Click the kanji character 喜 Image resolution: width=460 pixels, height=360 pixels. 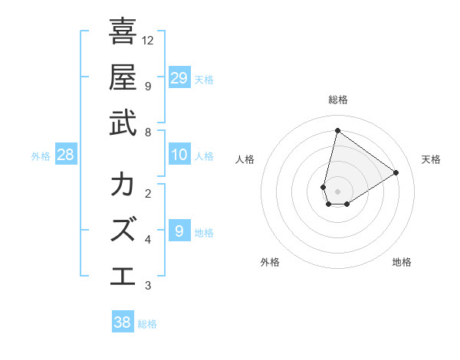pyautogui.click(x=123, y=32)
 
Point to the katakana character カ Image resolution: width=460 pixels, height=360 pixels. pyautogui.click(x=123, y=185)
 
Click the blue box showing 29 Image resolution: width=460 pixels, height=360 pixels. pyautogui.click(x=179, y=77)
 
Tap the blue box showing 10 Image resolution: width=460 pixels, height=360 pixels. pyautogui.click(x=179, y=155)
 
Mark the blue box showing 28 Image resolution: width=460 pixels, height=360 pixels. pyautogui.click(x=66, y=155)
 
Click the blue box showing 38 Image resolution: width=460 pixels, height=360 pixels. pyautogui.click(x=123, y=322)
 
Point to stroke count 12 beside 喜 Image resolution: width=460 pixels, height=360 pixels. pyautogui.click(x=148, y=40)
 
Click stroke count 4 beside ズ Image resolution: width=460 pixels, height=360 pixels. pyautogui.click(x=148, y=240)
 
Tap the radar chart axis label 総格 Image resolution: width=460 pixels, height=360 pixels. pyautogui.click(x=337, y=100)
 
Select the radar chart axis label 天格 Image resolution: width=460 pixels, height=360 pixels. pyautogui.click(x=431, y=159)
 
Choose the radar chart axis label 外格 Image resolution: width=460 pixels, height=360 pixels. pyautogui.click(x=270, y=262)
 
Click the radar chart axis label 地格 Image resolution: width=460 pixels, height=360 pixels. pyautogui.click(x=402, y=262)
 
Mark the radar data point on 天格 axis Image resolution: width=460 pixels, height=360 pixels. pyautogui.click(x=396, y=172)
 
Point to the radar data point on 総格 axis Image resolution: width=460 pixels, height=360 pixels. pyautogui.click(x=337, y=130)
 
